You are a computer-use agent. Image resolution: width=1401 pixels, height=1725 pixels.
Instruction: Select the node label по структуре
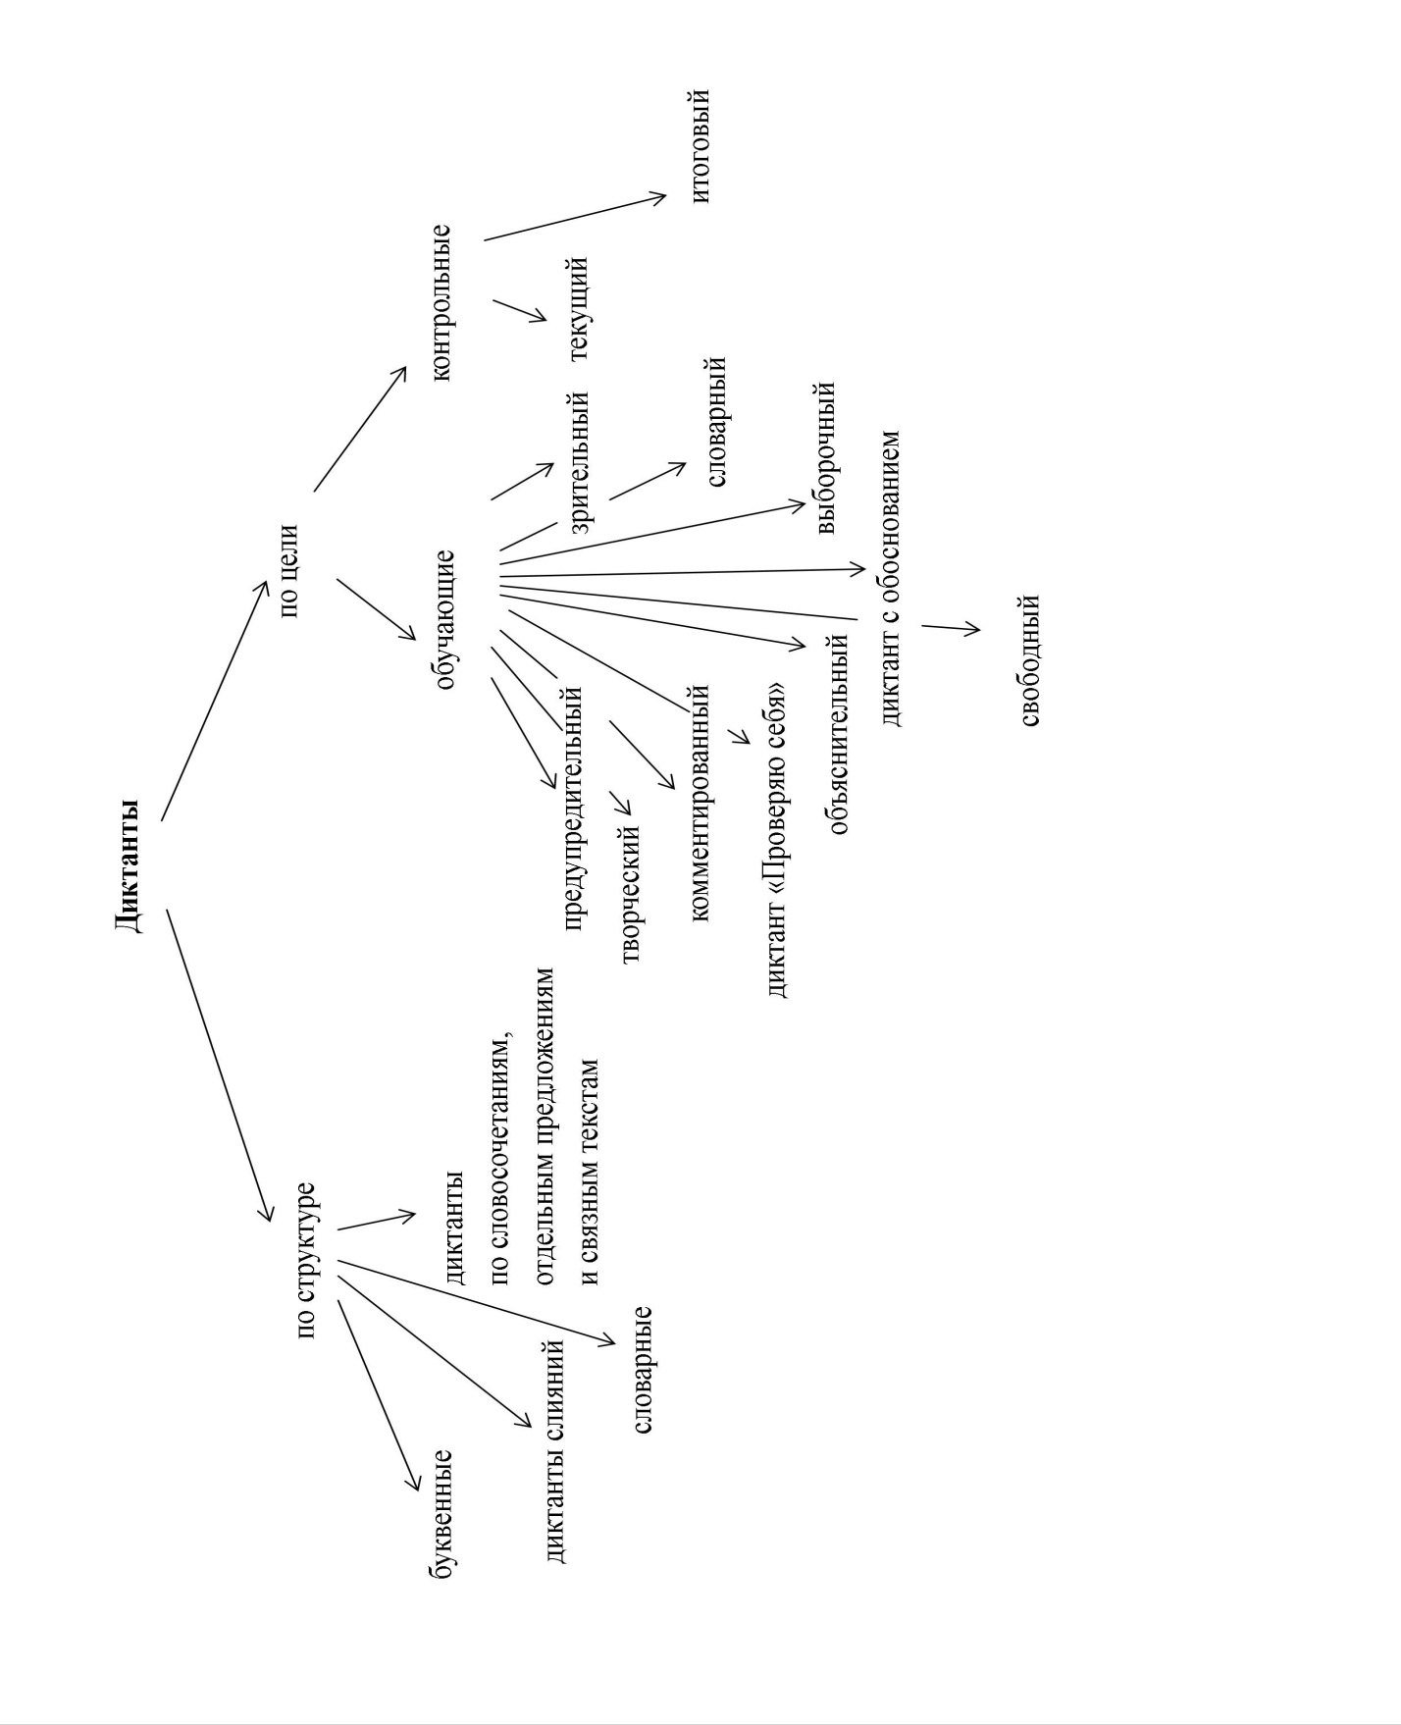point(308,1261)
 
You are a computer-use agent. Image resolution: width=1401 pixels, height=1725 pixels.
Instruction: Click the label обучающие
point(444,619)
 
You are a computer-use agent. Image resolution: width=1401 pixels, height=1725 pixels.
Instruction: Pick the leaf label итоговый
point(700,146)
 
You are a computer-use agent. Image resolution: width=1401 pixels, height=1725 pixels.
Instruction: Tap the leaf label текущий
point(576,308)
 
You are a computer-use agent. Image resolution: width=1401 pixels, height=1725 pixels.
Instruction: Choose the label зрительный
point(578,461)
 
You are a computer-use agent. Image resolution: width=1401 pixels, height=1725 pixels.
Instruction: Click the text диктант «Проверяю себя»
point(777,839)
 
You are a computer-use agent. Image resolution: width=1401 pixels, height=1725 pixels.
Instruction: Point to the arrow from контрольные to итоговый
point(575,218)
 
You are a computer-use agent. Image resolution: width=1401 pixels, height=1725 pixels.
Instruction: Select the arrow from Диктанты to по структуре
point(218,1065)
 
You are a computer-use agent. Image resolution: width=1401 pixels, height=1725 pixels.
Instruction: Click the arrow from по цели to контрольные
point(359,429)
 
